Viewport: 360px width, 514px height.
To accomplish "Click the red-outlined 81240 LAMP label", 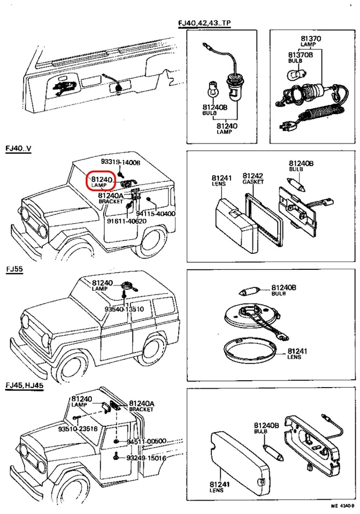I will click(x=102, y=181).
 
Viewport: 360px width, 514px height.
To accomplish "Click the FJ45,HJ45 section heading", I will click(x=24, y=385).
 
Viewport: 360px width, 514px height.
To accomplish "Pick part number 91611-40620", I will click(x=126, y=221).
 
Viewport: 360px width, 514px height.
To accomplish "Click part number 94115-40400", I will click(x=158, y=214).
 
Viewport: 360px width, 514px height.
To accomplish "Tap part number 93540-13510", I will click(x=124, y=309).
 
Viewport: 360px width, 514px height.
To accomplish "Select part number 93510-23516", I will click(x=78, y=428).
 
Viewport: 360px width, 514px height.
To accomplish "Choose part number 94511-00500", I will click(x=146, y=441).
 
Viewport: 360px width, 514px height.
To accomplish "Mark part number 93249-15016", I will click(x=146, y=458).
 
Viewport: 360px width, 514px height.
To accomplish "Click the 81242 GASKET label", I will click(x=253, y=178).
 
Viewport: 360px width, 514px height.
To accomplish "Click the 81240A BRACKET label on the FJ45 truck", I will click(x=141, y=406).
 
